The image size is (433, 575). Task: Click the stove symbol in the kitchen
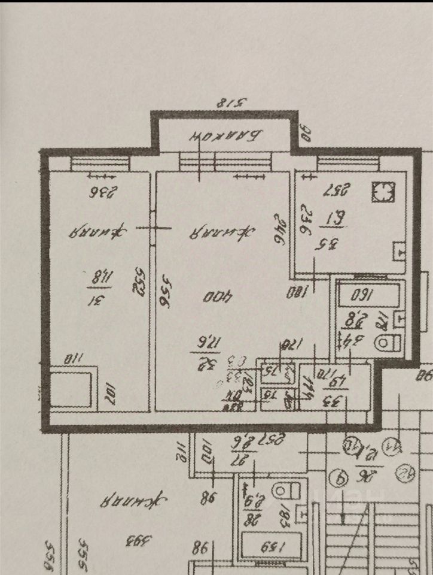click(381, 192)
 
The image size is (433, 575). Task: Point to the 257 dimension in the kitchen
click(336, 191)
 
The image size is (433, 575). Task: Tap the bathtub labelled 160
click(365, 295)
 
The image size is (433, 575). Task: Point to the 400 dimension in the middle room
click(212, 296)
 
